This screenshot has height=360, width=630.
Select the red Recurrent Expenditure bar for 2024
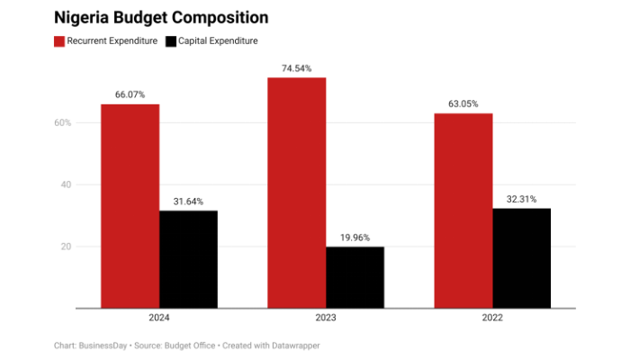point(130,206)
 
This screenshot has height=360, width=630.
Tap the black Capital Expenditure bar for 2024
point(188,259)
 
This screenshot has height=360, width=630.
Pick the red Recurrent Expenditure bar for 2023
point(296,193)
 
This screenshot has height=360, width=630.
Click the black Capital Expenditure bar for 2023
point(355,277)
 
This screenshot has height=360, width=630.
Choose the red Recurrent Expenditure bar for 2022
point(463,211)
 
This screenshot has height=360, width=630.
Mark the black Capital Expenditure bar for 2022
point(521,258)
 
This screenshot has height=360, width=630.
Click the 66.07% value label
point(130,94)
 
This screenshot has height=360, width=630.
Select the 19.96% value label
point(355,237)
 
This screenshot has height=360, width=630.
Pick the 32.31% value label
point(521,198)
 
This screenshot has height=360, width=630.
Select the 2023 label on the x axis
point(326,319)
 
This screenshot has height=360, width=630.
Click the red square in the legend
point(59,41)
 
